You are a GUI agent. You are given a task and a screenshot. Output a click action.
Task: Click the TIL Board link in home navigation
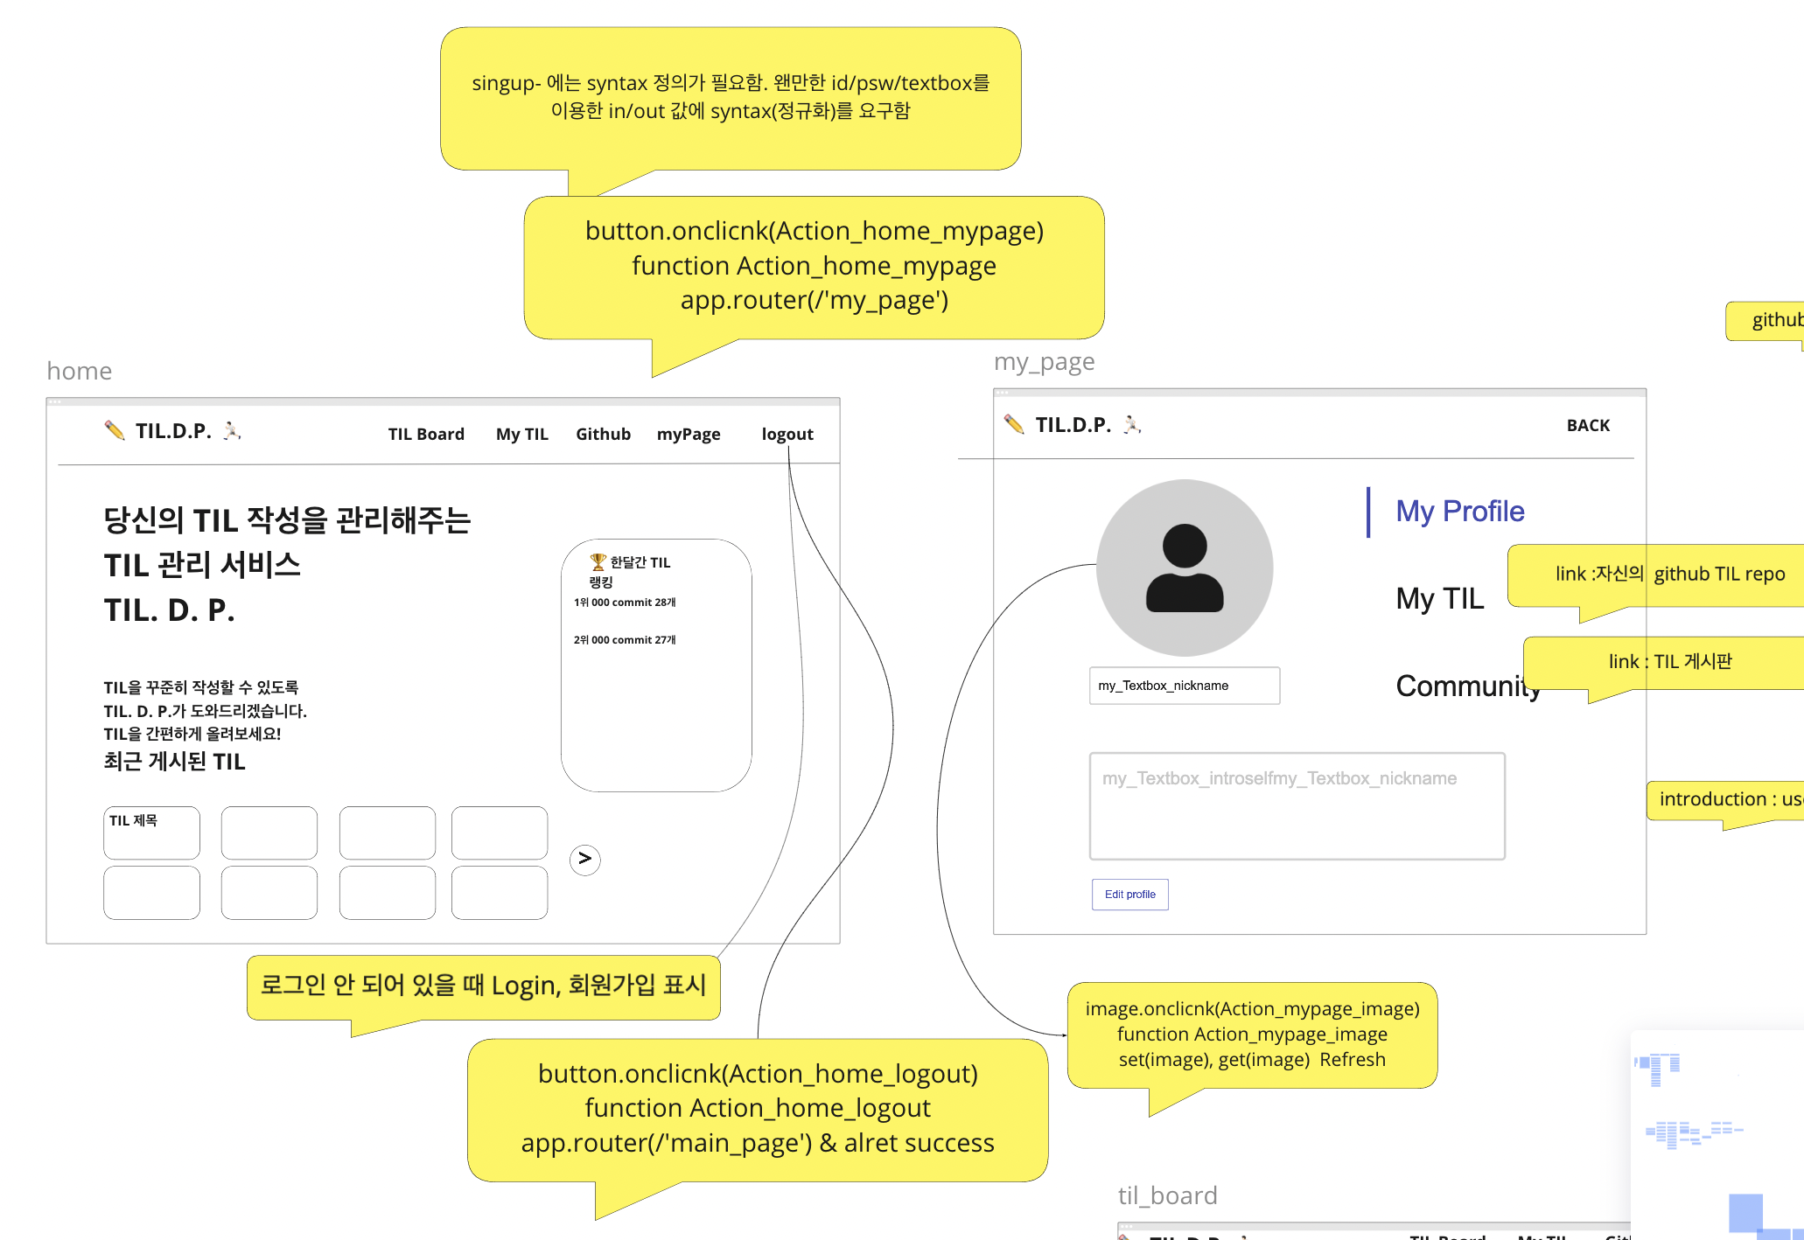[x=426, y=434]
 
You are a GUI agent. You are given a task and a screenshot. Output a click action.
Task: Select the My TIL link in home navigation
[x=521, y=434]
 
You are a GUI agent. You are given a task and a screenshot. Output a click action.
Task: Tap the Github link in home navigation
[x=603, y=434]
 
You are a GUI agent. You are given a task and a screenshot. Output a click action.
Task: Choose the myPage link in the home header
[x=689, y=434]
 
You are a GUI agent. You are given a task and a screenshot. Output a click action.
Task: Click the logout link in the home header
[x=787, y=434]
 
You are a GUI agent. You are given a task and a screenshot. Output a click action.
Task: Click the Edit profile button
[x=1129, y=895]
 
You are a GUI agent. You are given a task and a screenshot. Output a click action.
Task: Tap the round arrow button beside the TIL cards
[x=584, y=860]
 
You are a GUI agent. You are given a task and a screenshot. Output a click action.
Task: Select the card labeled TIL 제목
[x=151, y=832]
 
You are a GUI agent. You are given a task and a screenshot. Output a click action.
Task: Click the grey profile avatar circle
[x=1184, y=568]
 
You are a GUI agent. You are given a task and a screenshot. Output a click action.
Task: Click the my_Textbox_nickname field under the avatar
[x=1184, y=686]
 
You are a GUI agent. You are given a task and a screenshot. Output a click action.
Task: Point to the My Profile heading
[x=1459, y=512]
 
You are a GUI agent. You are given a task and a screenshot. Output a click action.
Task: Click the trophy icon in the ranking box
[x=598, y=561]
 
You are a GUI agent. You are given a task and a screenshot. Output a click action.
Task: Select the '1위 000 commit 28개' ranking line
[x=625, y=603]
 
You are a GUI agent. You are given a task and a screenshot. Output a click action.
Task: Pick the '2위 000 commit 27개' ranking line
[x=625, y=640]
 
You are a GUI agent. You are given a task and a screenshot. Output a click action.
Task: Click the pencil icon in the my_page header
[x=1014, y=424]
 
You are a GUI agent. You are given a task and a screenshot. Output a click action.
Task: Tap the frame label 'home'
[x=80, y=371]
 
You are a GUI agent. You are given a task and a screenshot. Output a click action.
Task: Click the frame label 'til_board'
[x=1167, y=1195]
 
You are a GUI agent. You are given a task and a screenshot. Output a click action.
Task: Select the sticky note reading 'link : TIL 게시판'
[x=1669, y=662]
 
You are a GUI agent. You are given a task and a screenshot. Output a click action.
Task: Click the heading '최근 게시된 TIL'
[x=174, y=762]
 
